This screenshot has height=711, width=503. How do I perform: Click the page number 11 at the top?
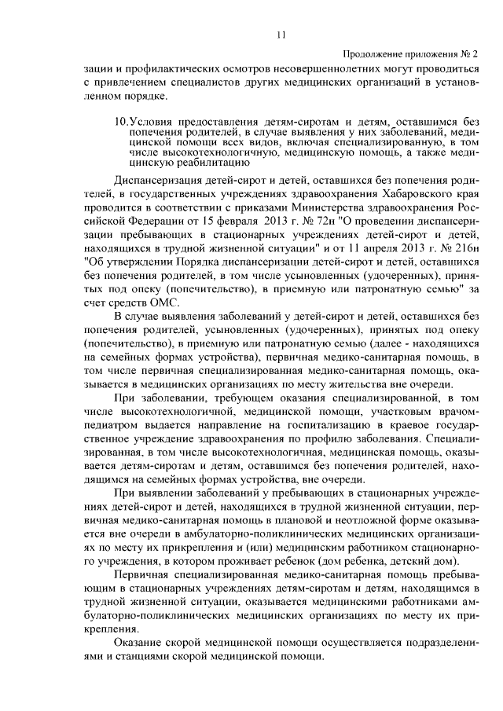click(281, 33)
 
